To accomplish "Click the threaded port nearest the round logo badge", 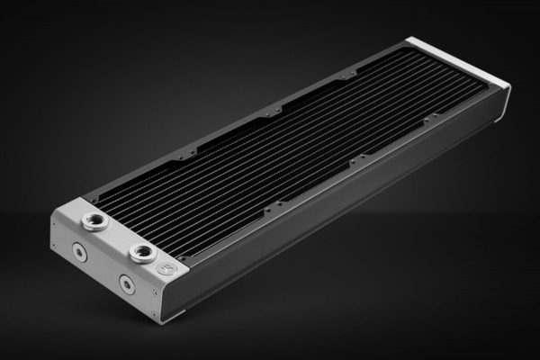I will click(142, 252).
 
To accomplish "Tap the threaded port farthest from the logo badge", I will click(91, 222).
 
